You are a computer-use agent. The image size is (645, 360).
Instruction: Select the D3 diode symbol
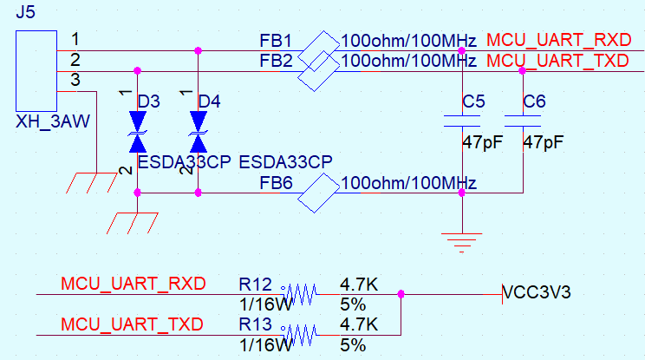point(137,132)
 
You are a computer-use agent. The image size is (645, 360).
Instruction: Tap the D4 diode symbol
point(199,132)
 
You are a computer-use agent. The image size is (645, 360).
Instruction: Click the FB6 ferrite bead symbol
point(318,193)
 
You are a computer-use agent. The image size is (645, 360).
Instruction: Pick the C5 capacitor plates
point(462,121)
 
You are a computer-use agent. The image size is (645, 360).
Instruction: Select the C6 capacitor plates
point(523,121)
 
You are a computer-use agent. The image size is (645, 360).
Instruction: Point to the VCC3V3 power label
point(537,292)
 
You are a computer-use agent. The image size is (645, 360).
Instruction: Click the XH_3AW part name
point(53,121)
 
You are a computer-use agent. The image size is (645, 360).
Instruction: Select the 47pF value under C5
point(483,142)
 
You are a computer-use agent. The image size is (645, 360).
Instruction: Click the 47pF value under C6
point(543,142)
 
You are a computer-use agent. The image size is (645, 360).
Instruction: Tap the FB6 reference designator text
point(276,183)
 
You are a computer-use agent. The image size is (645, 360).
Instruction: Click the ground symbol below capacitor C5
point(461,242)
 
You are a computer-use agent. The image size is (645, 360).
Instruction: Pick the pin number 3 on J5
point(75,80)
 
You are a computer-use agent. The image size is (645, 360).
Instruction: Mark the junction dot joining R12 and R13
point(401,294)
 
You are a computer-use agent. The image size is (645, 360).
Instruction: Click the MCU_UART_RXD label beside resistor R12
point(134,284)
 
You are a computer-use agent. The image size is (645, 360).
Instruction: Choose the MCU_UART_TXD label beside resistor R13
point(132,324)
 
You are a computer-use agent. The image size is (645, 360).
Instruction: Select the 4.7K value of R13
point(359,324)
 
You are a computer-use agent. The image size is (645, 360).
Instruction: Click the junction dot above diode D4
point(199,50)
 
